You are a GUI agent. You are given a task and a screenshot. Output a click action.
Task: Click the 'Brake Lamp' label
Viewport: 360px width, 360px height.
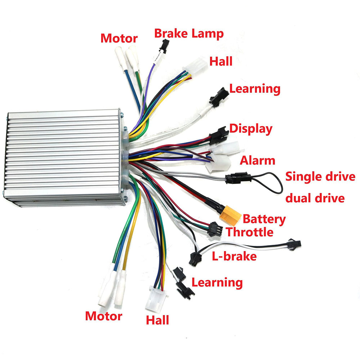pyautogui.click(x=189, y=33)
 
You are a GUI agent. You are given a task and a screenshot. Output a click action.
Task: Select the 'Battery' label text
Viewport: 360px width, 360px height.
pyautogui.click(x=264, y=219)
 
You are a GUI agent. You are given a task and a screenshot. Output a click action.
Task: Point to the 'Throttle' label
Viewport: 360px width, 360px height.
pyautogui.click(x=249, y=232)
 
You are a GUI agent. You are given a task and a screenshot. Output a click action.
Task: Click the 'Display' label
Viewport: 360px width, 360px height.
pyautogui.click(x=251, y=129)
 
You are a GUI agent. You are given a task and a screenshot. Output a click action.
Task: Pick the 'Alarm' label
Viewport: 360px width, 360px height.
pyautogui.click(x=257, y=160)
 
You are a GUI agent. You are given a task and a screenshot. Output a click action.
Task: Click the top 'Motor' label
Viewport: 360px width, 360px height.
pyautogui.click(x=119, y=38)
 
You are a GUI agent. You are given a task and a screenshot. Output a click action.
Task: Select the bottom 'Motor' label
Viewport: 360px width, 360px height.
pyautogui.click(x=104, y=316)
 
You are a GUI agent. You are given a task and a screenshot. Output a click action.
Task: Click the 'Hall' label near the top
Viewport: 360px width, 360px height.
pyautogui.click(x=221, y=61)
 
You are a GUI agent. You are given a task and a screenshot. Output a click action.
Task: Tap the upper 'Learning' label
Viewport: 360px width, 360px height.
pyautogui.click(x=255, y=89)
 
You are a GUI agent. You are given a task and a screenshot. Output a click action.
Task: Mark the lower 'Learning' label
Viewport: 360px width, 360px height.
pyautogui.click(x=217, y=282)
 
